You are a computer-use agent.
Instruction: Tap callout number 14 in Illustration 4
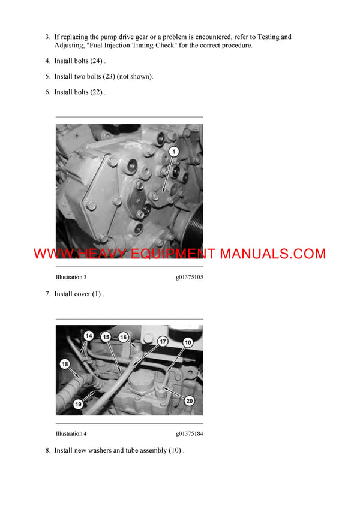(x=89, y=337)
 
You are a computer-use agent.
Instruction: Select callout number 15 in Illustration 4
(x=106, y=337)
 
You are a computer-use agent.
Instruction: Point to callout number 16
(x=124, y=337)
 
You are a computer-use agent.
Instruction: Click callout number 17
(x=163, y=341)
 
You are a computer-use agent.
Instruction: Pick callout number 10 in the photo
(x=188, y=342)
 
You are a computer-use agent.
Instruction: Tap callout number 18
(x=65, y=364)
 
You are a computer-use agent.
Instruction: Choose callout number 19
(x=78, y=404)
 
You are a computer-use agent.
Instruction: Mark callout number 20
(x=189, y=400)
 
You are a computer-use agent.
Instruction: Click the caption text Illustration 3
(x=71, y=278)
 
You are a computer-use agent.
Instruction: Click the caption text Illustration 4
(x=71, y=433)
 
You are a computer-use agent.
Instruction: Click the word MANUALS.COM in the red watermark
(x=272, y=254)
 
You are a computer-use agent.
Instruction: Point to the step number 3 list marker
(x=48, y=37)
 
